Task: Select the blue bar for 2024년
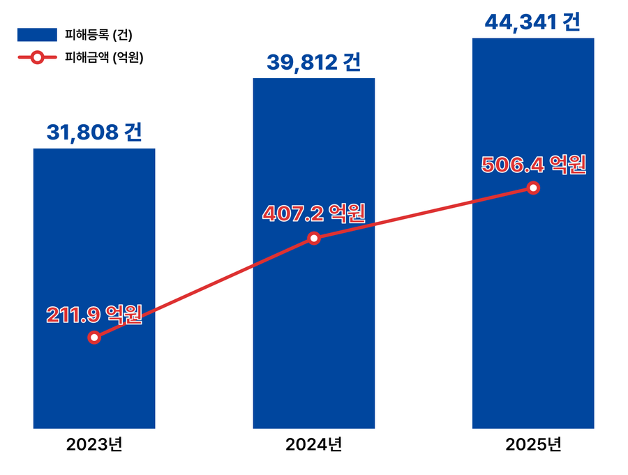(x=313, y=335)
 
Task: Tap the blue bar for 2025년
(x=533, y=314)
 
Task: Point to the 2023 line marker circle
(x=95, y=338)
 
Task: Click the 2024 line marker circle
(x=314, y=239)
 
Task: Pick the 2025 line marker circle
(x=533, y=188)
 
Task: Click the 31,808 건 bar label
(x=94, y=133)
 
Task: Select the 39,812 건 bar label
(x=313, y=63)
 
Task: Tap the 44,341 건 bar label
(x=533, y=22)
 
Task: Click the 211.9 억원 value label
(x=94, y=315)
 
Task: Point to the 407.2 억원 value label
(x=313, y=213)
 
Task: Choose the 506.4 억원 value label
(x=533, y=165)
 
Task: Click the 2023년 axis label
(x=94, y=444)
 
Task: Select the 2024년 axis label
(x=313, y=444)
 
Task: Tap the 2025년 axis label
(x=533, y=444)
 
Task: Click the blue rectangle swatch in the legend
(x=37, y=34)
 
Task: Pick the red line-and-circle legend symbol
(x=37, y=58)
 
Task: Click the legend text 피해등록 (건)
(x=98, y=34)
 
